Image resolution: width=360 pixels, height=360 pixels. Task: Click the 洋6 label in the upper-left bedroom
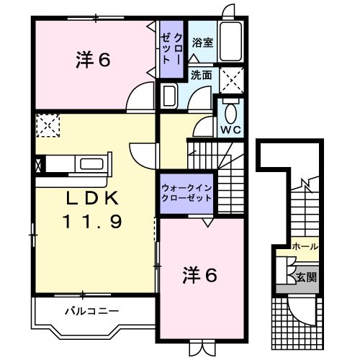pos(93,60)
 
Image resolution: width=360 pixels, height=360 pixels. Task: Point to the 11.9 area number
pos(94,222)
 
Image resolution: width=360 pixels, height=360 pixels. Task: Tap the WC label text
pos(230,130)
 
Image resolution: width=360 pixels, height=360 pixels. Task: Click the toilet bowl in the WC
pos(230,114)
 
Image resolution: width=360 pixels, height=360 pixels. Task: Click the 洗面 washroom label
pos(201,75)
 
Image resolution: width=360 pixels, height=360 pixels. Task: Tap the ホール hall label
pos(305,247)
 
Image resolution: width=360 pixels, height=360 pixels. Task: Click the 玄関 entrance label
pos(305,275)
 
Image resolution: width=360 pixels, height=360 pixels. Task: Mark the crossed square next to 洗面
pos(231,76)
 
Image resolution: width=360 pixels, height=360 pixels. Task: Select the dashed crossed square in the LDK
pos(47,126)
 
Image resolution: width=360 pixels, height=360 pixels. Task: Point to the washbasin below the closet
pos(170,96)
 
